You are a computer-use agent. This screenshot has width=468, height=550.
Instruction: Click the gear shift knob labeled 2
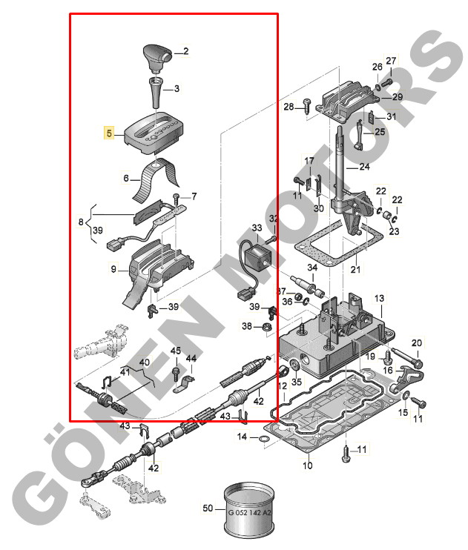coord(156,58)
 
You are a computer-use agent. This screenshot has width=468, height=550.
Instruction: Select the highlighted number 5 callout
coord(109,133)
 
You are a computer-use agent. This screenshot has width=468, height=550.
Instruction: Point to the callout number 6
coord(126,178)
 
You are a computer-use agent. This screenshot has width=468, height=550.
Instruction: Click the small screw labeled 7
coord(177,200)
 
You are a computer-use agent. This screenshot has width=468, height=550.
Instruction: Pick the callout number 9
coord(113,269)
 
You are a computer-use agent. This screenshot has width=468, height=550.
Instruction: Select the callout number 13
coord(379,299)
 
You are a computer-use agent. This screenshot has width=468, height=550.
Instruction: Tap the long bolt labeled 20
coord(407,357)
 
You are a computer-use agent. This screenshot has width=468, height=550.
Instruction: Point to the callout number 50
coord(208,508)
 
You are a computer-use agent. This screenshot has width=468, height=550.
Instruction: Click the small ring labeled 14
coord(263,439)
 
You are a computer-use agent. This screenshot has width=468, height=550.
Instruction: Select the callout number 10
coord(308,465)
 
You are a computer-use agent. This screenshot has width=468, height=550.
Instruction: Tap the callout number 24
coord(364,167)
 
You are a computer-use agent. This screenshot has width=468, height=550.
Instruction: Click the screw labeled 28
coord(307,106)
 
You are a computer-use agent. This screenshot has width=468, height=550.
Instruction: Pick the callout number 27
coord(391,61)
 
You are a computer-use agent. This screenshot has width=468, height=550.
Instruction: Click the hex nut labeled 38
coord(268,328)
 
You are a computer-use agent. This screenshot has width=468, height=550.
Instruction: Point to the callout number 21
coord(355,269)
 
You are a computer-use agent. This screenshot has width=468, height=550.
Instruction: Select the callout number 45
coord(176,351)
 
